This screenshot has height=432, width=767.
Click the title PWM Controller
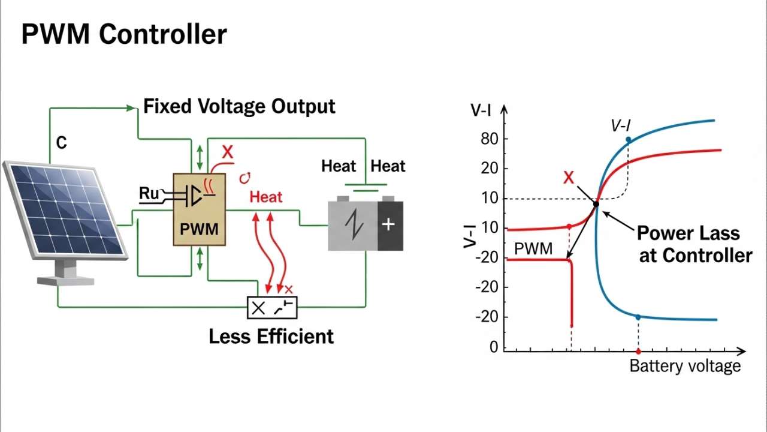124,34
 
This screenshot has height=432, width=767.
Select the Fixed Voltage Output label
239,107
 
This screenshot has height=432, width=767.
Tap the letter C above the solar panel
61,143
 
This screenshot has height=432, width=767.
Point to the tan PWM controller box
200,210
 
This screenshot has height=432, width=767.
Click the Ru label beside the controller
149,194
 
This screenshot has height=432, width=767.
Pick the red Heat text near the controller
265,197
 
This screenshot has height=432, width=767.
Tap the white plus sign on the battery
388,225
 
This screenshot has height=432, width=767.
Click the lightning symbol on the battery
354,226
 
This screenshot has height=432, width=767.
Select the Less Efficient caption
271,337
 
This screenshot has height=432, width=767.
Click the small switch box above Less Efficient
271,308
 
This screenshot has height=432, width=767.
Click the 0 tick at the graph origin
494,347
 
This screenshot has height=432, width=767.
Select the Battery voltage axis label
685,366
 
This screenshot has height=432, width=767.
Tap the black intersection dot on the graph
596,205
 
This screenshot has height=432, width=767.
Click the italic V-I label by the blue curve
621,125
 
